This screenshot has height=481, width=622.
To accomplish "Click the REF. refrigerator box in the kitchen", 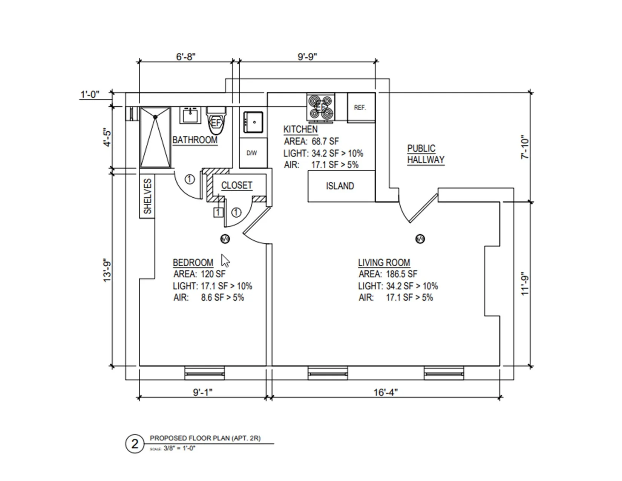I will click(361, 108).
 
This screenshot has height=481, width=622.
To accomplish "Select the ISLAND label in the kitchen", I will click(340, 186).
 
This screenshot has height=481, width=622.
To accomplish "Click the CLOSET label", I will click(237, 186).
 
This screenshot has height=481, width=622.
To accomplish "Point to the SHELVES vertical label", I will click(147, 196).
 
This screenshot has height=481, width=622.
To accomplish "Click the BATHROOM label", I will click(195, 140).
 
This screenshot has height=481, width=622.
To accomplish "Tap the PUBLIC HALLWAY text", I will click(426, 154).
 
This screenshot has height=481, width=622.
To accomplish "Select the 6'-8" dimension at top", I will click(186, 57).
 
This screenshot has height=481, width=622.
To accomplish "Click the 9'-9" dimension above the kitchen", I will click(307, 57).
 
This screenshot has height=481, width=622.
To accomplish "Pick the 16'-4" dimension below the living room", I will click(385, 392).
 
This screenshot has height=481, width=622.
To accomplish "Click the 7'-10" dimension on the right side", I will click(525, 147).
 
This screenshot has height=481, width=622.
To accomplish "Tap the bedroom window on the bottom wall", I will click(204, 373).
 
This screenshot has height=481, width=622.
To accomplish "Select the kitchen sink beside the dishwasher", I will click(253, 122).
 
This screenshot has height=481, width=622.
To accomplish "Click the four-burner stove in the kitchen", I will click(321, 108).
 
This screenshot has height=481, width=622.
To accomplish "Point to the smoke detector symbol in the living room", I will click(420, 239).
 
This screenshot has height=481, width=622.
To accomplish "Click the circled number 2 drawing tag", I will click(135, 444).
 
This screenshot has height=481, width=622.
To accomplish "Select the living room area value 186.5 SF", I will click(401, 274).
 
